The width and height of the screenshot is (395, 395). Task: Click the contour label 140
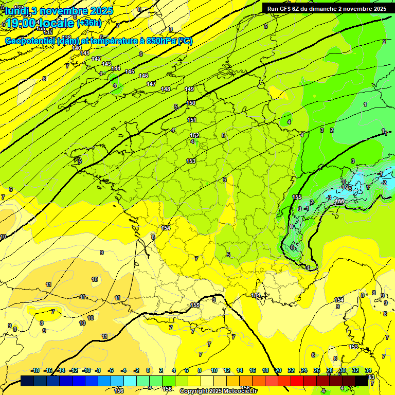(77, 48)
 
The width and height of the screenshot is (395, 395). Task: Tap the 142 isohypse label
(96, 59)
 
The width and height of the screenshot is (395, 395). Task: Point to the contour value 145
(130, 71)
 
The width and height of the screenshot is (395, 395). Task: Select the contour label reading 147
(151, 84)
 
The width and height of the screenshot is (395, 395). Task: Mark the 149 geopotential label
(189, 89)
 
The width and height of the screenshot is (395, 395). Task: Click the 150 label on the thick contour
(191, 103)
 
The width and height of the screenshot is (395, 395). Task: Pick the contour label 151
(192, 120)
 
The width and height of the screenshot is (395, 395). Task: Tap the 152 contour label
(194, 135)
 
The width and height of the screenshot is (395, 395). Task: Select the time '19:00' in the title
(23, 23)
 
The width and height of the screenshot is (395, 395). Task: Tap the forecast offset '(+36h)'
(89, 23)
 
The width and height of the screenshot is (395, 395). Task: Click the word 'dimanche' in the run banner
(322, 9)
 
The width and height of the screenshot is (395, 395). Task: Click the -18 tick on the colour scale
(35, 370)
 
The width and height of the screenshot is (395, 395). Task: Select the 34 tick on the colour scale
(368, 370)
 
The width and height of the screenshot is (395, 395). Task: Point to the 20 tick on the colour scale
(278, 370)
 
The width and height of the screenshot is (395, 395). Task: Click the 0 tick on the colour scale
(148, 370)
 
